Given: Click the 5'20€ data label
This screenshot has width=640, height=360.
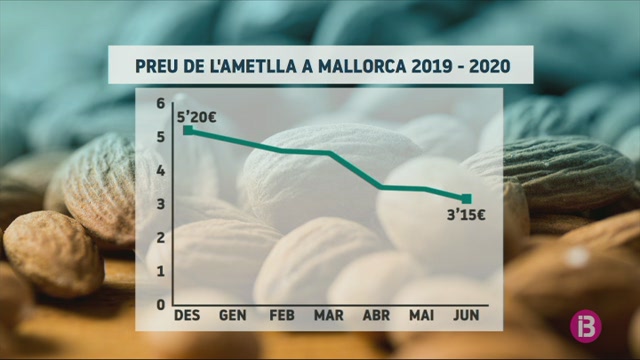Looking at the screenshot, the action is click(196, 118).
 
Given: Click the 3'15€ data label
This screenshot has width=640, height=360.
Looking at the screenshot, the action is click(466, 215).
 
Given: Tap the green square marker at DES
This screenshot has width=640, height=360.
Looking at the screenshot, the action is click(188, 130).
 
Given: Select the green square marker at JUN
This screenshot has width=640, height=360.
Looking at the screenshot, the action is click(467, 199).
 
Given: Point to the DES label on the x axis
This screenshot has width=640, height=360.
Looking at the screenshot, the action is click(187, 315).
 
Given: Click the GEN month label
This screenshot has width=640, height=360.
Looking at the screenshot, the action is click(233, 315).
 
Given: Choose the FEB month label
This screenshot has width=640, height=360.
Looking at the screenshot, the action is click(282, 315).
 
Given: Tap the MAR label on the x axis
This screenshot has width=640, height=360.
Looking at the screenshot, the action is click(329, 315).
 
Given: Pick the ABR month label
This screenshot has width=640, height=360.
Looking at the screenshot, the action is click(376, 315).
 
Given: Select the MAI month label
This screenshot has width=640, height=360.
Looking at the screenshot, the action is click(422, 315).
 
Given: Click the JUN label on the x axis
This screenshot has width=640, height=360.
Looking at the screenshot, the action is click(466, 315).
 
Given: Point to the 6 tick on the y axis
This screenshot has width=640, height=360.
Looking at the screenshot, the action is click(161, 104).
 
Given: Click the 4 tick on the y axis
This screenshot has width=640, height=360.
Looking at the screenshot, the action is click(161, 171).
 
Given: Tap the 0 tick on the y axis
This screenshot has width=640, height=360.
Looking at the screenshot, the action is click(161, 304).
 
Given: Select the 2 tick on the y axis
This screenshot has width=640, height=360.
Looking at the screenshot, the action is click(161, 238).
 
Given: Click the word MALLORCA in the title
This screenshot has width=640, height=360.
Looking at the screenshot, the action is click(362, 66).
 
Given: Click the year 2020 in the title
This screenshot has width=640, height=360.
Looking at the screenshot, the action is click(490, 66).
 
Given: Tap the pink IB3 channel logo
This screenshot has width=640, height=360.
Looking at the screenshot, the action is click(586, 326).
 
